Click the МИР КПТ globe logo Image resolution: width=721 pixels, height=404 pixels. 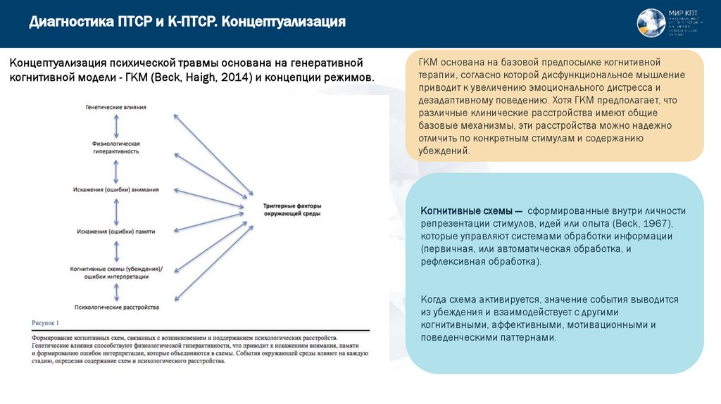(650, 23)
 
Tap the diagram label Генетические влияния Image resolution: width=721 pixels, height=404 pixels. (115, 107)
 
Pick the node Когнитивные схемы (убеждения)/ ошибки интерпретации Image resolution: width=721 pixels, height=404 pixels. (115, 273)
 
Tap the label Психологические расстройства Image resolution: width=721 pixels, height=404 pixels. (115, 308)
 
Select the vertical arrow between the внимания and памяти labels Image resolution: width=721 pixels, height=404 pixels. (115, 210)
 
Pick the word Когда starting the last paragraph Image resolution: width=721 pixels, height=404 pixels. (435, 299)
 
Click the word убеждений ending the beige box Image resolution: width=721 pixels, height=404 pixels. (443, 151)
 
